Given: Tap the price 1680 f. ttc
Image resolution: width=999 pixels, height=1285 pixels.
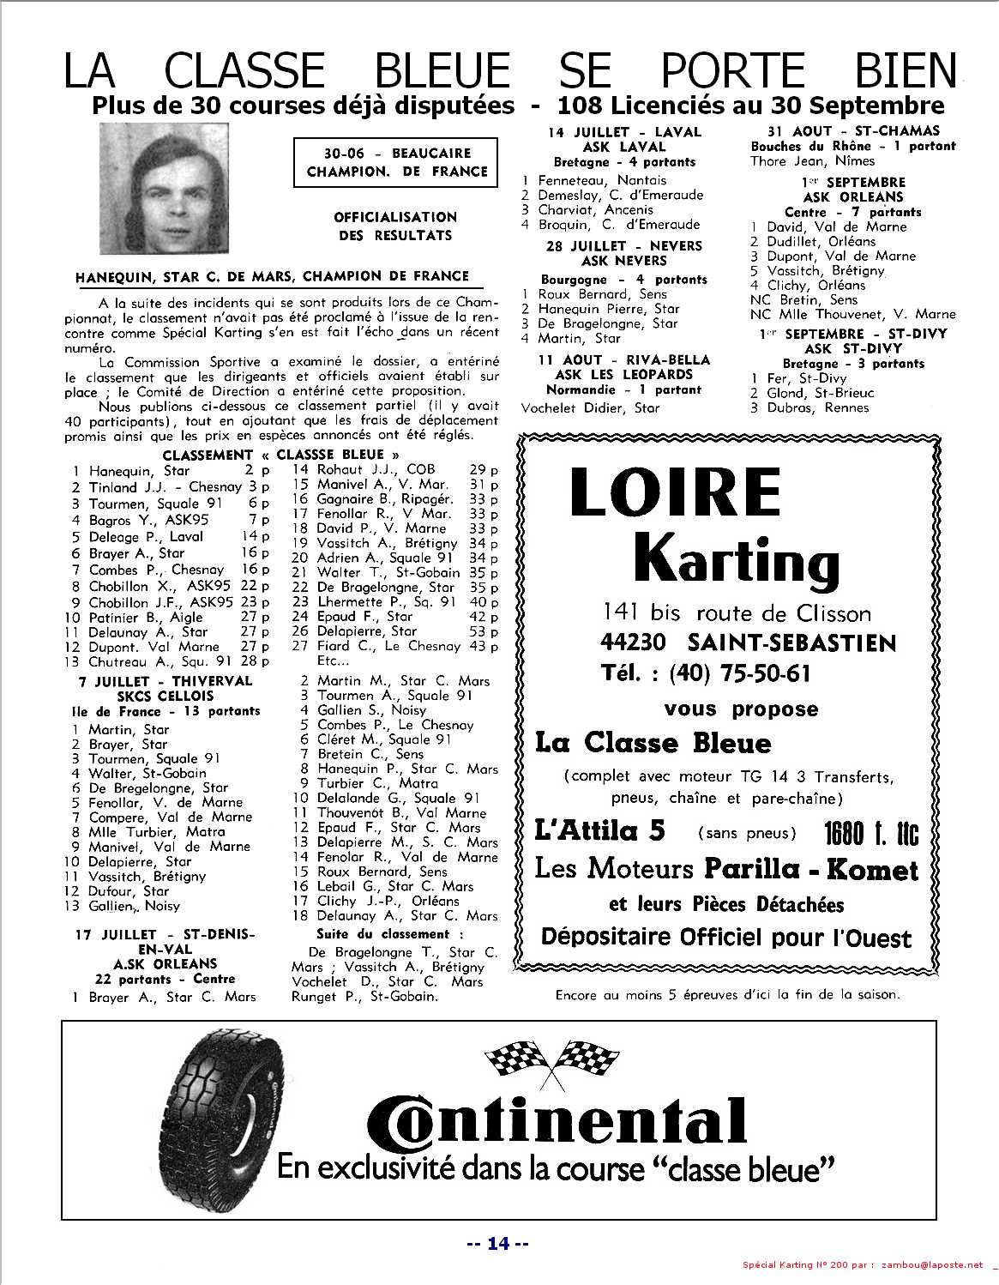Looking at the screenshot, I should pyautogui.click(x=870, y=831).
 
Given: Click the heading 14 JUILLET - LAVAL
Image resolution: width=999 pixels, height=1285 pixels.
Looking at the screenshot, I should pyautogui.click(x=624, y=132).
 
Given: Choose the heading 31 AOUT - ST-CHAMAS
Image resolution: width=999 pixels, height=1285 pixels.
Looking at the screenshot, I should pyautogui.click(x=841, y=131).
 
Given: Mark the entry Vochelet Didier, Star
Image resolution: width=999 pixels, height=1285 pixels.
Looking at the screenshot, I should pyautogui.click(x=591, y=407).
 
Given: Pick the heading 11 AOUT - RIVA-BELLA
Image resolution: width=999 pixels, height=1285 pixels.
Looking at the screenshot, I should pyautogui.click(x=624, y=360).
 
